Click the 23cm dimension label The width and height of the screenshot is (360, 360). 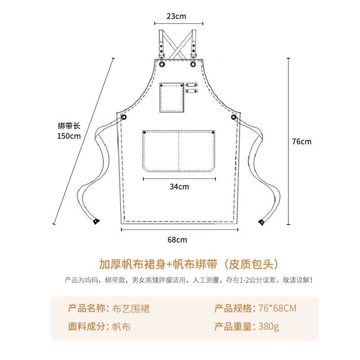(x=176, y=16)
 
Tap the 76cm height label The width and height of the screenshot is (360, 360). (x=301, y=141)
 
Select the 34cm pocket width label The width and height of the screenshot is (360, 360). (x=179, y=186)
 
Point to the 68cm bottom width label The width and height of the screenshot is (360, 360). (x=177, y=239)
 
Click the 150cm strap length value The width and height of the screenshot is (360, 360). (x=69, y=136)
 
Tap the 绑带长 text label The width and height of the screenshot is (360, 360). (x=69, y=126)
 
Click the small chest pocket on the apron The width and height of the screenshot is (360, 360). (x=172, y=97)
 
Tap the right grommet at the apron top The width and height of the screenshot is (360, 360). (x=193, y=63)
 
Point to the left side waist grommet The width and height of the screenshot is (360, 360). (x=124, y=117)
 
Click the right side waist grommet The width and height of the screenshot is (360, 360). (x=234, y=117)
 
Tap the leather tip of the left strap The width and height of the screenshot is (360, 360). (x=96, y=221)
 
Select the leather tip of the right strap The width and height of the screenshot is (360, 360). (x=261, y=221)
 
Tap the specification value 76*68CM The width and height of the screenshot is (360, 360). (x=278, y=309)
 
